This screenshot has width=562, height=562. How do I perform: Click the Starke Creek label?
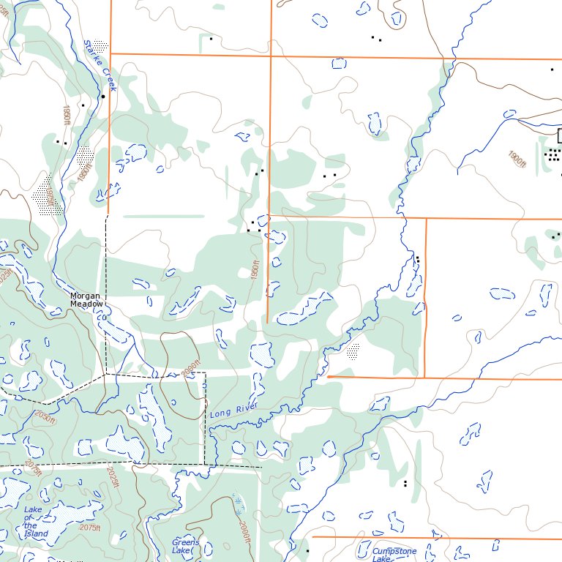coord(100,65)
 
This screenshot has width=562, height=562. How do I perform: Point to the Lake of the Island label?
coord(34,522)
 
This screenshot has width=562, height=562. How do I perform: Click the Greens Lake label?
coord(185,546)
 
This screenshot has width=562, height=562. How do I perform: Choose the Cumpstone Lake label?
coord(394,555)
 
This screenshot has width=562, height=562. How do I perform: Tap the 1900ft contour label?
coord(517,159)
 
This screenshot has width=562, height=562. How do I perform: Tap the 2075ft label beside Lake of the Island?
coord(89,528)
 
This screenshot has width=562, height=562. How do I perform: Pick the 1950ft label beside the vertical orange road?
coord(255,272)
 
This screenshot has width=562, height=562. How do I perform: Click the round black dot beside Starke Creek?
coord(103,96)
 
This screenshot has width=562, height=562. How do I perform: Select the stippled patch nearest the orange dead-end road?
coord(353,352)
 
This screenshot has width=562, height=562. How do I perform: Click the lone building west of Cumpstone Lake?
coord(308,550)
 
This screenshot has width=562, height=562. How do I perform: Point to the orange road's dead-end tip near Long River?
coord(329,376)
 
